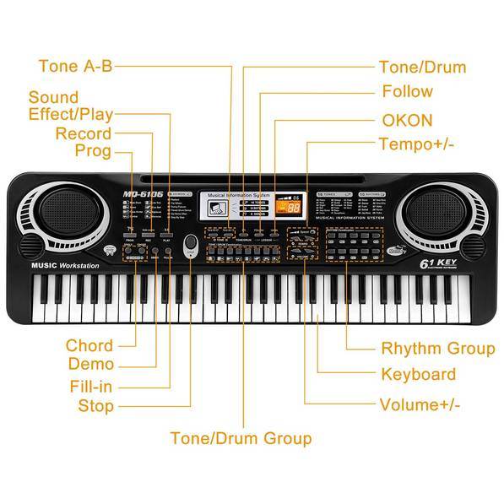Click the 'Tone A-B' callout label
pyautogui.click(x=75, y=67)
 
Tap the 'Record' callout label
pyautogui.click(x=83, y=133)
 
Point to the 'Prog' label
pyautogui.click(x=93, y=151)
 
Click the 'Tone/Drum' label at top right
pyautogui.click(x=422, y=68)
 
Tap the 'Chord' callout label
pyautogui.click(x=89, y=345)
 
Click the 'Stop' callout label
pyautogui.click(x=95, y=406)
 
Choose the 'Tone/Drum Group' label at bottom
pyautogui.click(x=241, y=438)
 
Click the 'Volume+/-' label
pyautogui.click(x=420, y=404)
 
